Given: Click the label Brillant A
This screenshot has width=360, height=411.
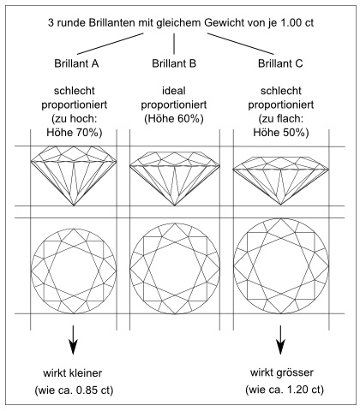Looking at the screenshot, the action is click(x=76, y=63).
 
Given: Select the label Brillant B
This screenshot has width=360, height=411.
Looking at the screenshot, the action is click(x=174, y=63).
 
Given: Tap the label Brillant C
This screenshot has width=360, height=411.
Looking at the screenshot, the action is click(x=280, y=63).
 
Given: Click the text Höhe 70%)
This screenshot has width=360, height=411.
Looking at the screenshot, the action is click(x=75, y=133).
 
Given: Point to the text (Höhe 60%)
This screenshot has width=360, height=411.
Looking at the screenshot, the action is click(x=174, y=119).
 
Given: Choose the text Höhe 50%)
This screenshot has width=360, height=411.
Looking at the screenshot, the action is click(x=281, y=133).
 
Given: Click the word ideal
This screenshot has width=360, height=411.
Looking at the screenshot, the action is click(x=174, y=91).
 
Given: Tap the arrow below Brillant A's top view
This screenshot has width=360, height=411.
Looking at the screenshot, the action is click(x=74, y=340).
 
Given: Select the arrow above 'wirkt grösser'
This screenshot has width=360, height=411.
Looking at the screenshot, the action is click(x=280, y=340).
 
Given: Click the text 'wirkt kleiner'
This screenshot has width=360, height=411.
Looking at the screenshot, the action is click(x=73, y=373).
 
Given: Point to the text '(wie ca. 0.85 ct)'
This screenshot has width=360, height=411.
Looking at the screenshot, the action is click(x=74, y=390).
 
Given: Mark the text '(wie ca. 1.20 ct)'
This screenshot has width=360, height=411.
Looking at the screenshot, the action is click(x=285, y=390).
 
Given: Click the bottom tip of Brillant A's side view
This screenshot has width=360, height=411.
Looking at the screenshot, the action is click(x=74, y=205).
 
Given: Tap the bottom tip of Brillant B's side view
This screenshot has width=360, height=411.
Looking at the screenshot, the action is click(x=175, y=205).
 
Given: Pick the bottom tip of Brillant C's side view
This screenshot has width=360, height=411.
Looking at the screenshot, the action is click(x=281, y=205).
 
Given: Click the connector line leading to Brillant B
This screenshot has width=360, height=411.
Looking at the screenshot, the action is click(x=174, y=44).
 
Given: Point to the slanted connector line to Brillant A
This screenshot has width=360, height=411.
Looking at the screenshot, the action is click(x=111, y=44).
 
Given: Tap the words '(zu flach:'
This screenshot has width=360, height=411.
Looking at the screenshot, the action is click(x=281, y=119).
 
